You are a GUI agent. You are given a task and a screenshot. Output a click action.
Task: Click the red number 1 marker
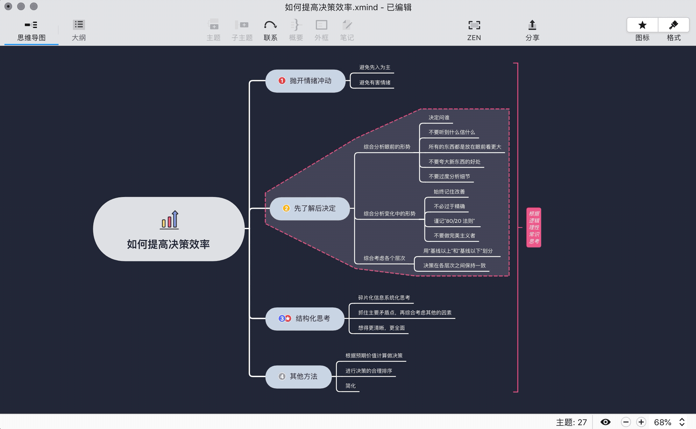click(282, 81)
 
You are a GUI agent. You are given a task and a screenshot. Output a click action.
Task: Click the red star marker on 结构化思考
click(288, 318)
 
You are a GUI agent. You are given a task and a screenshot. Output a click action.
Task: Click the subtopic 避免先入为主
click(375, 67)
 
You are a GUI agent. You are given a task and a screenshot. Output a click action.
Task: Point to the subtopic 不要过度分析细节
click(449, 177)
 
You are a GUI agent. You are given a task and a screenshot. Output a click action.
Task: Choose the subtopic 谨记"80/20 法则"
click(454, 221)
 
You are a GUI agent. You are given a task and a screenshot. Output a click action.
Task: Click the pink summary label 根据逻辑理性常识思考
click(534, 228)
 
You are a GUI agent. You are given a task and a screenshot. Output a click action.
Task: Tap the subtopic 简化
click(351, 386)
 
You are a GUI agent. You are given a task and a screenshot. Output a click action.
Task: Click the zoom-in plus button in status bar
click(641, 422)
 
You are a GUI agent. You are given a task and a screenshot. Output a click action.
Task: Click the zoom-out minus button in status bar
click(626, 422)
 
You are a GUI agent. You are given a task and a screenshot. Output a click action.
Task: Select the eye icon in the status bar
click(605, 422)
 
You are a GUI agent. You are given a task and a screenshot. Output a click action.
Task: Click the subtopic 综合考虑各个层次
click(384, 258)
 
